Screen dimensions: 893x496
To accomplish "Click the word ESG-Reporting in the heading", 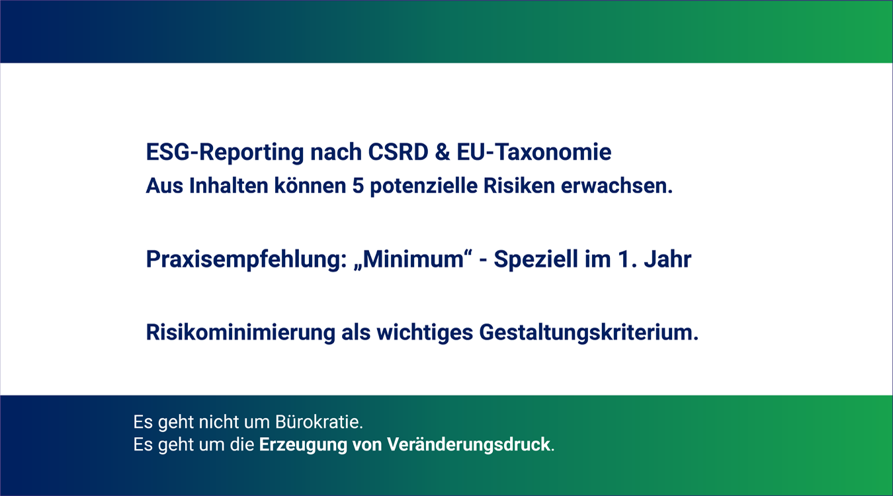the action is pyautogui.click(x=225, y=152).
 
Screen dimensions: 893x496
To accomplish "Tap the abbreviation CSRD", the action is pyautogui.click(x=398, y=152).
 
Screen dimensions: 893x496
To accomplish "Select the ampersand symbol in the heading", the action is pyautogui.click(x=442, y=152).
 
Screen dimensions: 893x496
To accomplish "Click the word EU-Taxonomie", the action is pyautogui.click(x=534, y=152).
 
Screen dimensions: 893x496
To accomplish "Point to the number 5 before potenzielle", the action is pyautogui.click(x=358, y=186).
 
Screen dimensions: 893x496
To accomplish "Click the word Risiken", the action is pyautogui.click(x=519, y=186).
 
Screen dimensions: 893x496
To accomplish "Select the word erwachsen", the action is pyautogui.click(x=617, y=186).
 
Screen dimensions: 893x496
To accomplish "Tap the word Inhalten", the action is pyautogui.click(x=228, y=186).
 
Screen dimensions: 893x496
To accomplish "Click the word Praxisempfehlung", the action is pyautogui.click(x=246, y=260).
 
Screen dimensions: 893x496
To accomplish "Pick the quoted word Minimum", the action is pyautogui.click(x=413, y=259).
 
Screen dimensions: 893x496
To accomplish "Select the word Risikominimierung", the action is pyautogui.click(x=240, y=333).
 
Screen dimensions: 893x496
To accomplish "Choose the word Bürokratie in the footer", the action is pyautogui.click(x=319, y=422).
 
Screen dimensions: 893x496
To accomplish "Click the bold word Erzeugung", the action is pyautogui.click(x=303, y=445).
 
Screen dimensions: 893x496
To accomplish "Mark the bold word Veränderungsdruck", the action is pyautogui.click(x=468, y=444).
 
